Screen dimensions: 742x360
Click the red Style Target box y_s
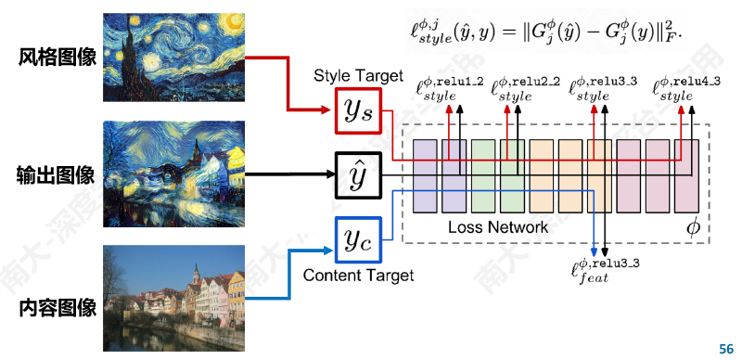tap(358, 110)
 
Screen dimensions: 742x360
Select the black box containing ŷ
tap(358, 175)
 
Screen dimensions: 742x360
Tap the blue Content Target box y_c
tap(358, 239)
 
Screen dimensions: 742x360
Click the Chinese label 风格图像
tap(58, 58)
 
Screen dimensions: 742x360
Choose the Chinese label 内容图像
tap(58, 307)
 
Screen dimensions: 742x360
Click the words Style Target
tap(358, 76)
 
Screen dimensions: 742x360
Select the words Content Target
tap(358, 276)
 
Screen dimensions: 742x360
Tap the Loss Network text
tap(498, 227)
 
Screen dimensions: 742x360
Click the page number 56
tap(726, 349)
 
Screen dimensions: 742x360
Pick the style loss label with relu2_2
tap(526, 88)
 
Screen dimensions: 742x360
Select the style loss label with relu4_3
tap(686, 88)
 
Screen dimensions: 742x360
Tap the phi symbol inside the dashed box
tap(692, 228)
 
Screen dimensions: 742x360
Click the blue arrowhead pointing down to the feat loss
tap(595, 252)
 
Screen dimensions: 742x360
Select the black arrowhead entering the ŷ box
tap(330, 174)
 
